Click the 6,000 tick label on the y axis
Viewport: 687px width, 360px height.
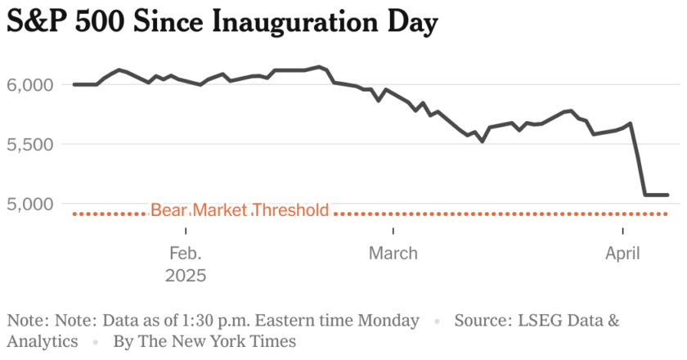point(29,84)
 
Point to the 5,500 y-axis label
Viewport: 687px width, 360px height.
point(29,144)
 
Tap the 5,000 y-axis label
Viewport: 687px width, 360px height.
point(29,203)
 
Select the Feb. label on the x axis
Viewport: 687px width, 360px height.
point(186,254)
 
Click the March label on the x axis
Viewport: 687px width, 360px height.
point(393,254)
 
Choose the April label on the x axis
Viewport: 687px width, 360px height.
point(622,254)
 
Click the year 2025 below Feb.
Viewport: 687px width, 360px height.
point(186,276)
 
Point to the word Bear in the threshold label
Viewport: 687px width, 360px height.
point(169,210)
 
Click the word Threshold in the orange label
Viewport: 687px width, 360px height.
point(290,210)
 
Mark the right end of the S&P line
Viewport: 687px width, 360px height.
point(668,195)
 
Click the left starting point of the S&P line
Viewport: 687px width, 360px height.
point(74,84)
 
